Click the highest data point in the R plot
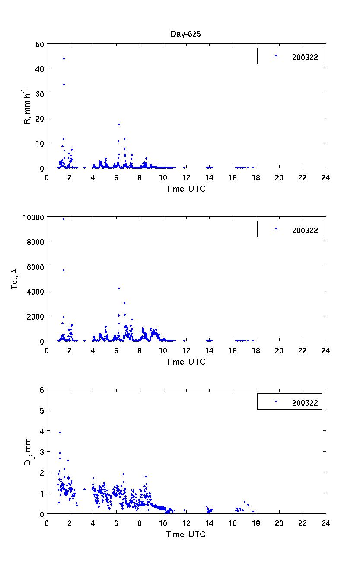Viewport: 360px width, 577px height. [x=64, y=58]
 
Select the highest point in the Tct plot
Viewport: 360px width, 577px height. [x=64, y=219]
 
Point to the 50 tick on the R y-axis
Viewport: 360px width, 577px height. [x=40, y=44]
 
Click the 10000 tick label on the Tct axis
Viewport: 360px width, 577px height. [x=33, y=217]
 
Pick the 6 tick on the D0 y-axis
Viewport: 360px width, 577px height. [x=42, y=390]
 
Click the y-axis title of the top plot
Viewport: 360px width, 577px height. [x=27, y=106]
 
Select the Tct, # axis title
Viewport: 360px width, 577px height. [x=15, y=279]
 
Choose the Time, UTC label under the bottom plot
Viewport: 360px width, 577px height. [x=186, y=535]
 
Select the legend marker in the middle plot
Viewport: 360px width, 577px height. [x=276, y=228]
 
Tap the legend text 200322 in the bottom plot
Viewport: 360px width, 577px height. [x=305, y=403]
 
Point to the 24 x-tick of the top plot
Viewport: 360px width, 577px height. [x=325, y=177]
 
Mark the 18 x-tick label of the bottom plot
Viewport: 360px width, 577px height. [x=256, y=523]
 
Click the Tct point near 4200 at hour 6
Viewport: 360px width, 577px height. [x=119, y=288]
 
